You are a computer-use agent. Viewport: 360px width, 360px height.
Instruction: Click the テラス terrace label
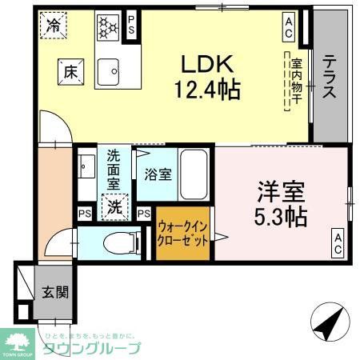pos(329,78)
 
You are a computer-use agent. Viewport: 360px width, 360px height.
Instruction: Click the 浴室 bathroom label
pos(157,174)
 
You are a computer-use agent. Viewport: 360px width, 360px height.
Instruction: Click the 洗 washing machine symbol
pos(116,206)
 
